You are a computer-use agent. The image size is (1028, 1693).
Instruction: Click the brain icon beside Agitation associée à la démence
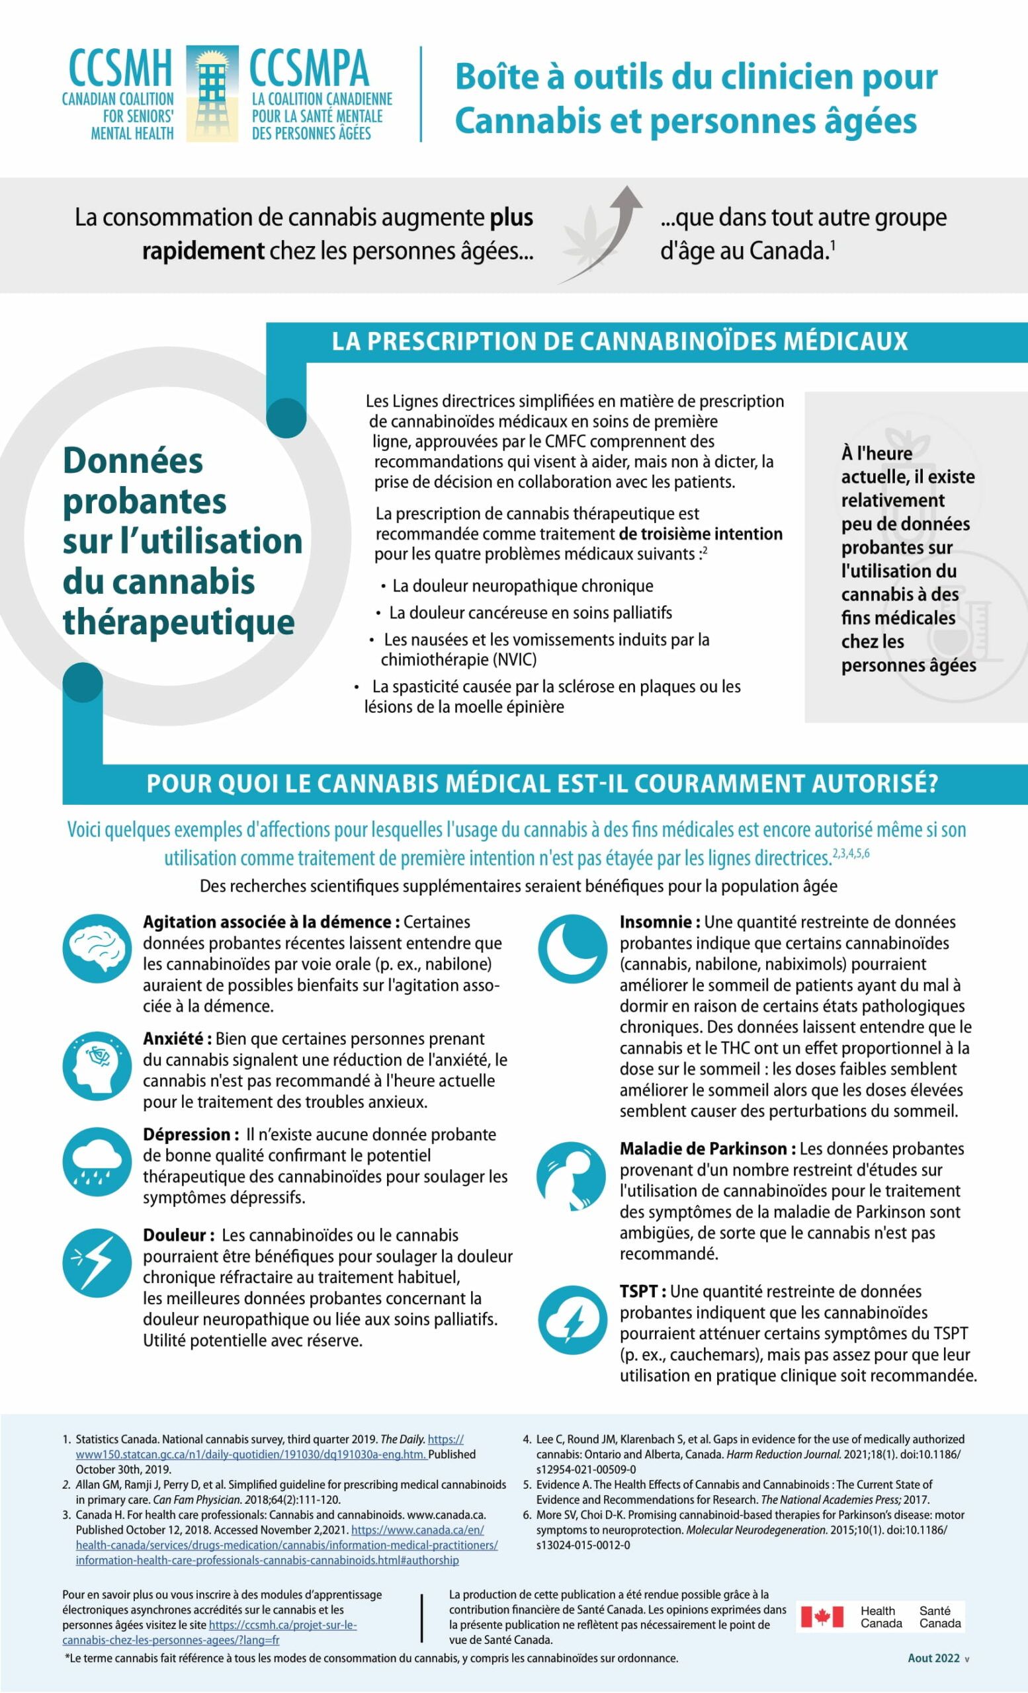97,948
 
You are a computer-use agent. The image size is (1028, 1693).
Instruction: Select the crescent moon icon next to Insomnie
572,949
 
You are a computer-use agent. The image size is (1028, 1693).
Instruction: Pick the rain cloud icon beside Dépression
97,1162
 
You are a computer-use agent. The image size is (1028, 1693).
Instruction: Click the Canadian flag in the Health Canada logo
822,1617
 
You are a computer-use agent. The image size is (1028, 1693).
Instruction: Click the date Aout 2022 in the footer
933,1658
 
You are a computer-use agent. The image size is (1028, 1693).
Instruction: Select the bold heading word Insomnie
658,922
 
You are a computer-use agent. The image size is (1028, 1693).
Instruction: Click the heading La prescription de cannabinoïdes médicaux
619,341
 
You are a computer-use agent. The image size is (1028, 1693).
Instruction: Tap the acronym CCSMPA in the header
308,69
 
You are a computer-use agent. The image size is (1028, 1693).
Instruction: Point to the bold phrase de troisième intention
701,534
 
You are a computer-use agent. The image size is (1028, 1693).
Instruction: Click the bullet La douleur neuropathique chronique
522,586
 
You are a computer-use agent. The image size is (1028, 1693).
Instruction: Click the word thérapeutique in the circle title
179,622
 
